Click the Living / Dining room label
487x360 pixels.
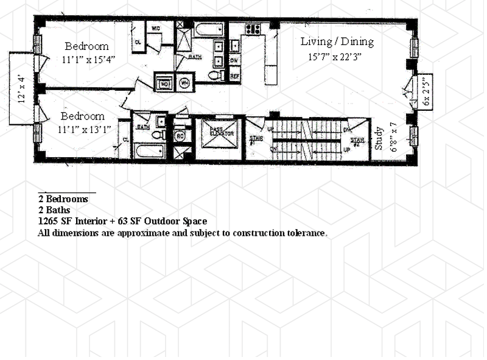[337, 42]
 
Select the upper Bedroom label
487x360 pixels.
[87, 46]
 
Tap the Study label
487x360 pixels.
[379, 139]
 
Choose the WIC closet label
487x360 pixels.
[155, 28]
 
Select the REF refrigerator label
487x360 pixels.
[234, 76]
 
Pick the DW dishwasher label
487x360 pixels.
[234, 60]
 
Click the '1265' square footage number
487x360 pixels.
[48, 221]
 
